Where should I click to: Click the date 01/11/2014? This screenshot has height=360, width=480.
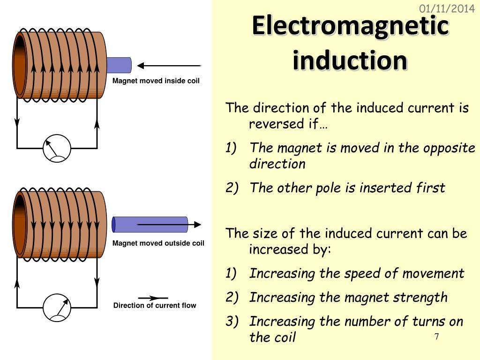[x=447, y=8]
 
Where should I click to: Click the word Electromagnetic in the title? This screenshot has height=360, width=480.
[x=350, y=26]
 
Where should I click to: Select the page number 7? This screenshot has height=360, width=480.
[x=436, y=337]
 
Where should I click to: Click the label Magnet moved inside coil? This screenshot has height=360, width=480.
[x=156, y=81]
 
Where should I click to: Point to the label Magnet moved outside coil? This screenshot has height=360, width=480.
[x=158, y=243]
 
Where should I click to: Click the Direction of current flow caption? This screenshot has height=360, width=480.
[x=155, y=306]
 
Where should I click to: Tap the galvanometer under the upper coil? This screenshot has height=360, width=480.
[x=57, y=148]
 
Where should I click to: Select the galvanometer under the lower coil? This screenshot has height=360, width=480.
[x=57, y=307]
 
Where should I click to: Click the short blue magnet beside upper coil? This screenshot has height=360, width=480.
[x=119, y=65]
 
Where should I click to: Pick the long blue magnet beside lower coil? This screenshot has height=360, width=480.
[x=150, y=225]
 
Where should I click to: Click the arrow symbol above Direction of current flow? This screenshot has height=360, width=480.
[x=153, y=298]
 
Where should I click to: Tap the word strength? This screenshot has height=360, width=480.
[x=420, y=298]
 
